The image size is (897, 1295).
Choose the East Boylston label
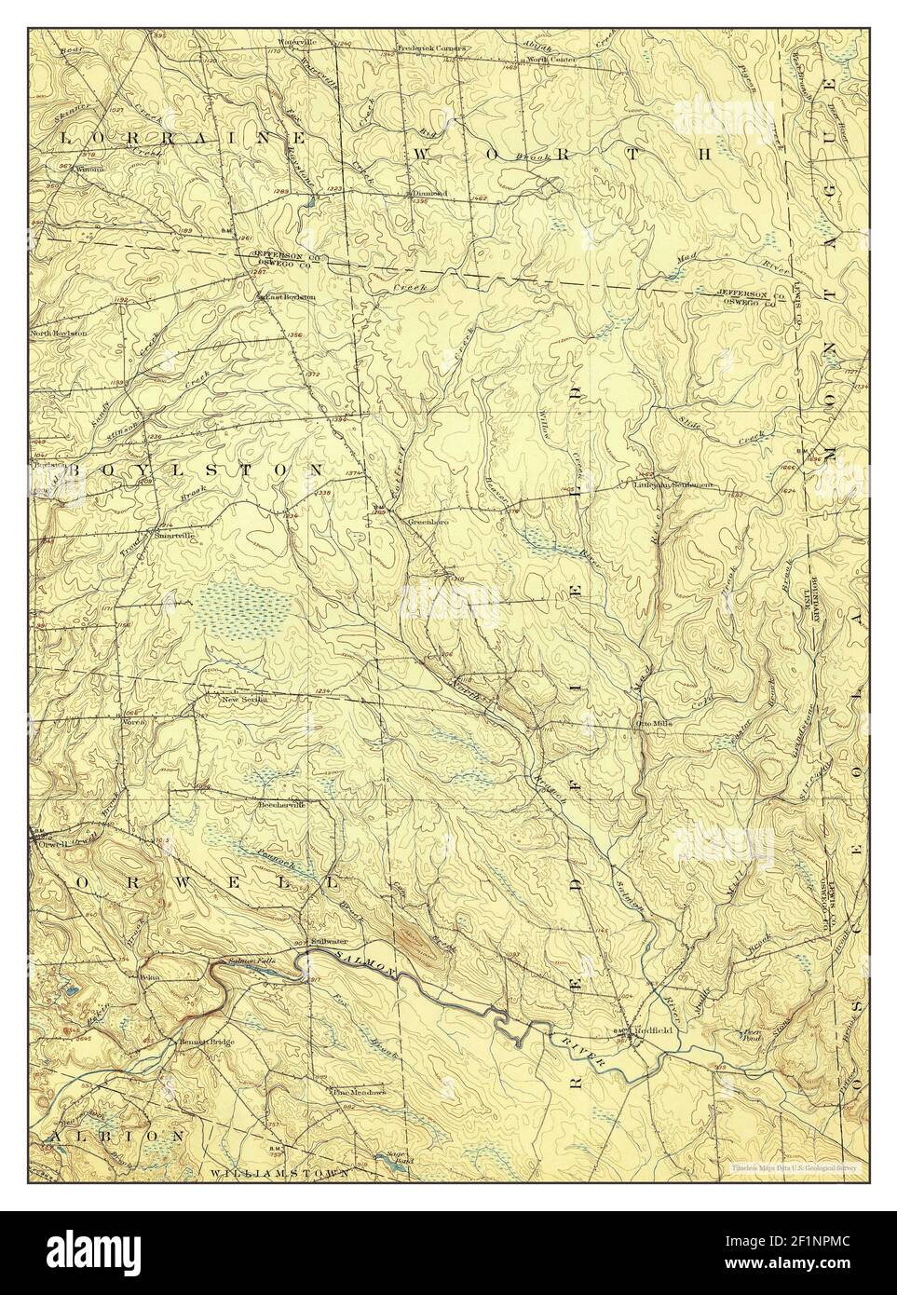point(290,296)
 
